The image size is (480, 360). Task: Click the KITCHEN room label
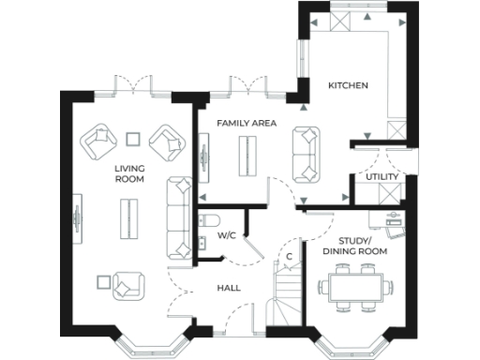(x=348, y=86)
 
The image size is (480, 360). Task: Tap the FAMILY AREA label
(x=246, y=124)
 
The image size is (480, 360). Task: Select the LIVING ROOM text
(x=129, y=172)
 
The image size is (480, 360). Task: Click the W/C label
(x=226, y=236)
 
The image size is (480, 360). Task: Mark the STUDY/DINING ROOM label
(x=354, y=246)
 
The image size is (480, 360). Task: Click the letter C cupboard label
(x=290, y=256)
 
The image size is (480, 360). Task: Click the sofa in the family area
(x=306, y=156)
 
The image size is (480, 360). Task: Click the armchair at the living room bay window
(x=126, y=284)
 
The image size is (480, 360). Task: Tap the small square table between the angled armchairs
(x=133, y=140)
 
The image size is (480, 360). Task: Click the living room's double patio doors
(x=131, y=87)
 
